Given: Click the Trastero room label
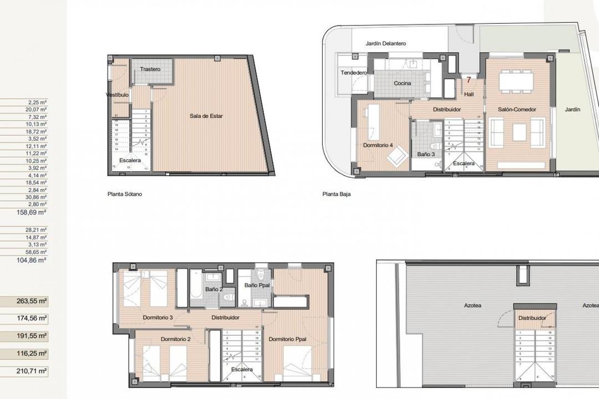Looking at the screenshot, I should tap(150, 69).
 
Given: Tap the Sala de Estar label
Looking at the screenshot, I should tap(205, 116).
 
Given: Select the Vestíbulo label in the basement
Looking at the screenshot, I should tap(118, 95).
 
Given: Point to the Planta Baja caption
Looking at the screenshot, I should tap(337, 195).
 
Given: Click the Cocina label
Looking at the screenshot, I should tap(402, 83).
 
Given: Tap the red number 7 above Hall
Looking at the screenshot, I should tap(469, 80).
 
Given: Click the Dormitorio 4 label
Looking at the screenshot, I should tap(378, 145).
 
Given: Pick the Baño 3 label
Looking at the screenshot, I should tap(426, 154).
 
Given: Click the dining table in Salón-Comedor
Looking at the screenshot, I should tap(516, 82).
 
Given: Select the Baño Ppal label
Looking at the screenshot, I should tap(257, 285).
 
